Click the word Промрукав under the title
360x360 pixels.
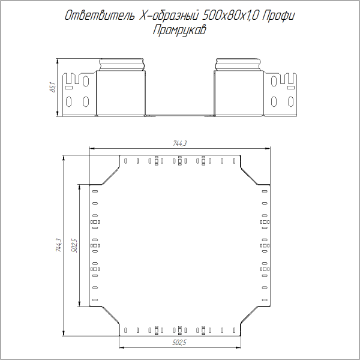[x=179, y=30]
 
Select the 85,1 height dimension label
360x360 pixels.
[x=52, y=88]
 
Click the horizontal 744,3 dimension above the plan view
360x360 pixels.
[x=180, y=143]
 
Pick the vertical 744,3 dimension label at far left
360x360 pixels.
[x=58, y=246]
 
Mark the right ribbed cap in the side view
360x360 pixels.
[x=239, y=65]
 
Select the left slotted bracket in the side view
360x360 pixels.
[x=78, y=93]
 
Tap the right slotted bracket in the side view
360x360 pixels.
[x=282, y=93]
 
